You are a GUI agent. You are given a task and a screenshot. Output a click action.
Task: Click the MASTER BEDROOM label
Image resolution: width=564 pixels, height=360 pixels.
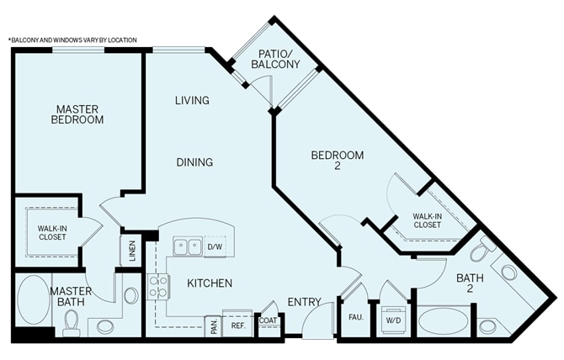point(77,114)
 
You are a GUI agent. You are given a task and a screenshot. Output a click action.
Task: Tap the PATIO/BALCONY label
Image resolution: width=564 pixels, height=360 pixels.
point(275,59)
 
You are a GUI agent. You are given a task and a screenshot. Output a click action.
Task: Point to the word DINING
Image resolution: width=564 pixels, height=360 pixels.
point(194,162)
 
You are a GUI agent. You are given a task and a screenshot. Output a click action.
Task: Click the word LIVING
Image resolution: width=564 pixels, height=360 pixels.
point(192,100)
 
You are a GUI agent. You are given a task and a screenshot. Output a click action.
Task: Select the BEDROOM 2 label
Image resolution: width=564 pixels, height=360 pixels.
point(338,161)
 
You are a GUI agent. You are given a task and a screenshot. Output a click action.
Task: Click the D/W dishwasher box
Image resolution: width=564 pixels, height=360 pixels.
point(215,246)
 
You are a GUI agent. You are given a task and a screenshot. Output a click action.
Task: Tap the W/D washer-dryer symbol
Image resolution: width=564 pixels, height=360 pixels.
point(393,320)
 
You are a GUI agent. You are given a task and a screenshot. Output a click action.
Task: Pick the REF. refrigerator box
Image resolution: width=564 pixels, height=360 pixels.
point(238,326)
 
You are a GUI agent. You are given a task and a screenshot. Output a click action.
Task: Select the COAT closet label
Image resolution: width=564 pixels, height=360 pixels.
point(268,320)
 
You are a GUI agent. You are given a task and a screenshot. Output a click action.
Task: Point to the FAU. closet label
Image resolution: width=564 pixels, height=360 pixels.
point(356,318)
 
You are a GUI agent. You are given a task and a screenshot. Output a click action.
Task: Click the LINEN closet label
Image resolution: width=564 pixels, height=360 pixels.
point(132,251)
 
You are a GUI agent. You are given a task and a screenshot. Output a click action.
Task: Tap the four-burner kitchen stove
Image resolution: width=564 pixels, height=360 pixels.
point(157,287)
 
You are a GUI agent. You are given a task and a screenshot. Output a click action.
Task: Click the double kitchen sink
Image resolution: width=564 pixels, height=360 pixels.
point(188,246)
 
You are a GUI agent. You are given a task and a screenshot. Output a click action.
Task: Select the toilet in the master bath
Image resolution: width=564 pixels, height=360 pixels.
point(71,323)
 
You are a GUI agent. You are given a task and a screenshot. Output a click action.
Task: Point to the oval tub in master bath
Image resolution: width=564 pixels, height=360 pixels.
point(35,299)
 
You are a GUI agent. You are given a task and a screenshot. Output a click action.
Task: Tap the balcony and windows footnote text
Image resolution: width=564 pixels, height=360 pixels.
point(72,40)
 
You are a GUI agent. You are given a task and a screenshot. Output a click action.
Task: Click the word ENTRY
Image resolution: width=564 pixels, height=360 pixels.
point(304,302)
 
